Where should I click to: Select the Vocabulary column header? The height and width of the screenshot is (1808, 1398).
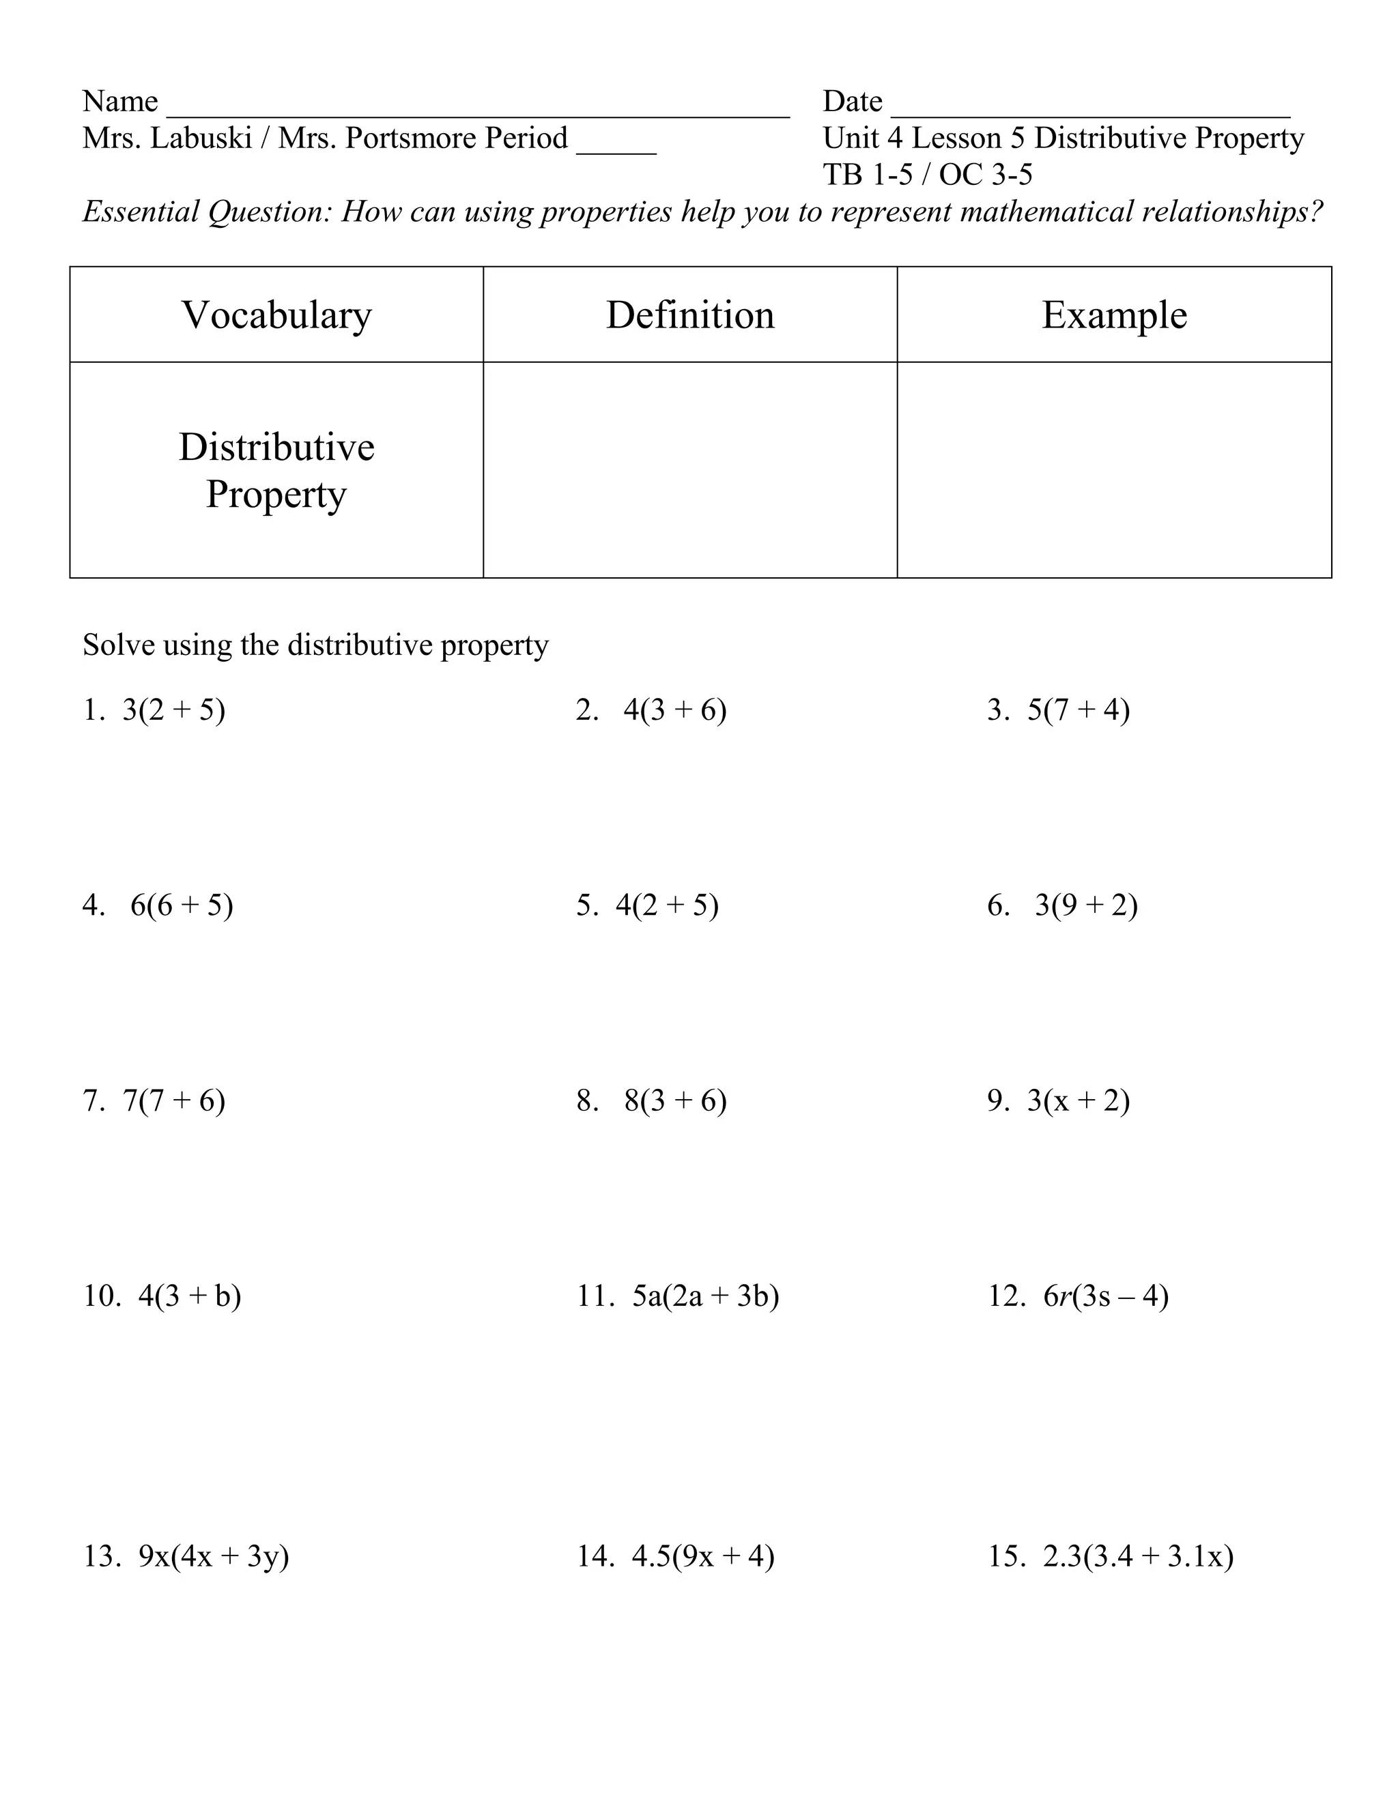coord(276,315)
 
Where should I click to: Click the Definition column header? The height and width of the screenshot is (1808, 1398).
coord(690,315)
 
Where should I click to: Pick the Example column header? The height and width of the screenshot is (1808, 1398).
coord(1114,315)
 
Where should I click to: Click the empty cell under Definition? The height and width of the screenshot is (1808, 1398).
coord(690,469)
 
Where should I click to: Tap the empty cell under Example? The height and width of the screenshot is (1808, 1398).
coord(1114,469)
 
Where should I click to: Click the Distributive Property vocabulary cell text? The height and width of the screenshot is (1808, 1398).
coord(276,470)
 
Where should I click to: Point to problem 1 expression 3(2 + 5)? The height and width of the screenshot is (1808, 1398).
coord(174,710)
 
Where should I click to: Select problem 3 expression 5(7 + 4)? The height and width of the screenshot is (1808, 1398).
coord(1079,710)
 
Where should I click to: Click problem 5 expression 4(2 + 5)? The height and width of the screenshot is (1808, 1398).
coord(667,905)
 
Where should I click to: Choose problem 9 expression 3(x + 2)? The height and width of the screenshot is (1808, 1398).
coord(1079,1100)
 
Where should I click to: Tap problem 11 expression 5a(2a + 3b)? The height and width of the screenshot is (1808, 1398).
coord(706,1296)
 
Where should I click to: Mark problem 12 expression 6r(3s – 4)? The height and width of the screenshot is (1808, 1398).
coord(1106,1296)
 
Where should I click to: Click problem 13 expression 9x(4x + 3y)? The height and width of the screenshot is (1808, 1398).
coord(214,1556)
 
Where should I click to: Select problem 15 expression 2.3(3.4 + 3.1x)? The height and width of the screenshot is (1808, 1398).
coord(1138,1556)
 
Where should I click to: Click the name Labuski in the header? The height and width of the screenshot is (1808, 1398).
coord(201,138)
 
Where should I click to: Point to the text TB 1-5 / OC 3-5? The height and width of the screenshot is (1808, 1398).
coord(928,175)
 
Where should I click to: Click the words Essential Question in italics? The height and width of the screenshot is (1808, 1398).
coord(207,212)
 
